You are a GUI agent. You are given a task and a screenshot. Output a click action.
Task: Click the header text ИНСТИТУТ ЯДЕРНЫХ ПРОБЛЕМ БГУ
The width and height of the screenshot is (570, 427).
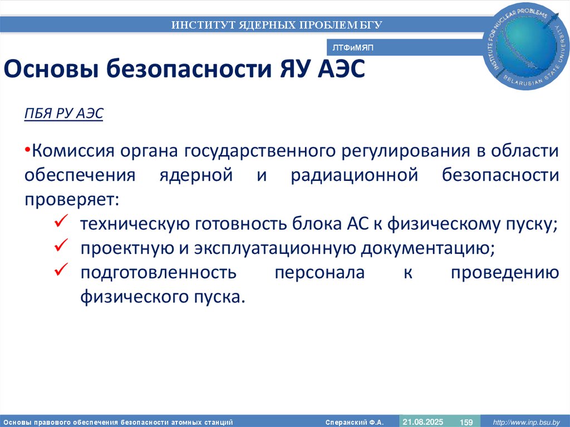pyautogui.click(x=276, y=25)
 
